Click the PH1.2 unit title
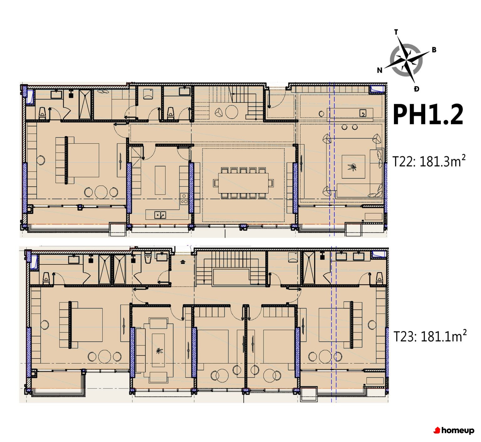click(x=428, y=115)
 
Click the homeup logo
click(x=454, y=431)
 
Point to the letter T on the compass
click(x=396, y=32)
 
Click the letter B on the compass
click(x=434, y=50)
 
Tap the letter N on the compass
click(x=380, y=70)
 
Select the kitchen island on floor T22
click(x=160, y=180)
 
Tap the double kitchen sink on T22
click(x=160, y=215)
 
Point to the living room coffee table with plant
click(x=353, y=167)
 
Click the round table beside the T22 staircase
click(x=232, y=112)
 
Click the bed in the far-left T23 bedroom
click(x=85, y=325)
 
